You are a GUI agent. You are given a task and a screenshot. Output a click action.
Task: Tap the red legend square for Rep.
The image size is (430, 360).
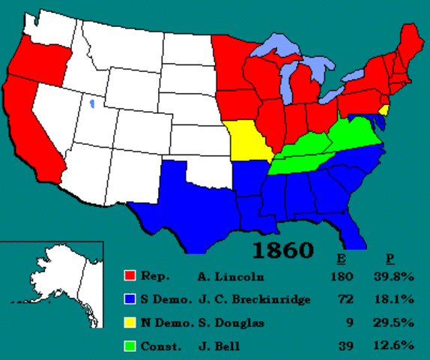pyautogui.click(x=130, y=276)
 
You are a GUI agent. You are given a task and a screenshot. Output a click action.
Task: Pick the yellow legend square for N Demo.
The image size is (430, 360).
pyautogui.click(x=130, y=323)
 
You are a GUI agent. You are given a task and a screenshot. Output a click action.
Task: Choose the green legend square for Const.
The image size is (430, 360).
pyautogui.click(x=130, y=346)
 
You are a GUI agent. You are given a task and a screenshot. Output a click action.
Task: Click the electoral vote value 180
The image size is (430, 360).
pyautogui.click(x=341, y=276)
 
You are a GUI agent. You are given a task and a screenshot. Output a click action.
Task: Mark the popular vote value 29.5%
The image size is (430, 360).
pyautogui.click(x=394, y=323)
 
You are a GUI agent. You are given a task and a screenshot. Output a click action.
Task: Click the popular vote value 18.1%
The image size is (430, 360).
pyautogui.click(x=394, y=300)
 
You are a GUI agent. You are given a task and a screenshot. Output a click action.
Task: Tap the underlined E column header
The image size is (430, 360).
pyautogui.click(x=341, y=258)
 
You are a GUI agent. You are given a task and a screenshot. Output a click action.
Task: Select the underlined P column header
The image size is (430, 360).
pyautogui.click(x=390, y=258)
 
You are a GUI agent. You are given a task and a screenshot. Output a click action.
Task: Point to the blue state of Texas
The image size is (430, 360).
pyautogui.click(x=180, y=199)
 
